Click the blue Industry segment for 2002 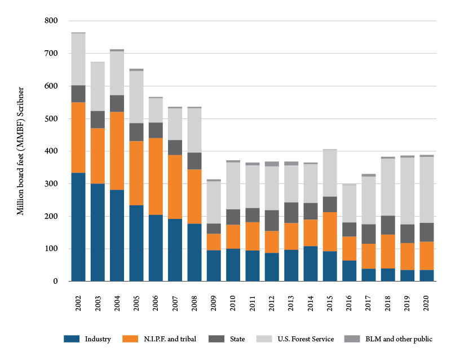pyautogui.click(x=78, y=235)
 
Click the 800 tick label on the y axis pyautogui.click(x=51, y=21)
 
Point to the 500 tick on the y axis pyautogui.click(x=51, y=119)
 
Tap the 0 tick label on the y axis pyautogui.click(x=55, y=282)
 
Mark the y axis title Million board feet pyautogui.click(x=20, y=151)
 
